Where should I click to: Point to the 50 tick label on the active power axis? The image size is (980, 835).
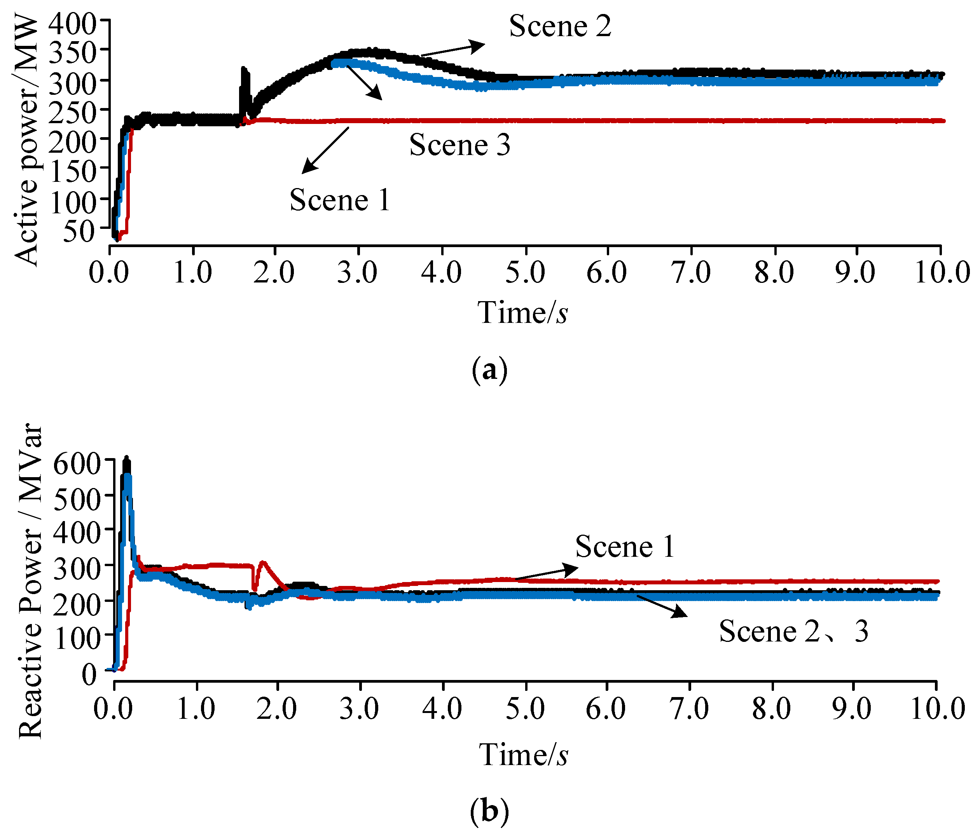[79, 232]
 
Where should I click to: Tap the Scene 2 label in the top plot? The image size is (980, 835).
[560, 26]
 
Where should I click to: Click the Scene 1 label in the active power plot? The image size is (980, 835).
[340, 200]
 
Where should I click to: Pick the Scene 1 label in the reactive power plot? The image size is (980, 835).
[625, 547]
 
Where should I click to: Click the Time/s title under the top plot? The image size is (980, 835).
[522, 312]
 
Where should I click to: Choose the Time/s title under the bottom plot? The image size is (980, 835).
[523, 754]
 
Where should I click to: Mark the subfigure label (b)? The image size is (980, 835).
[489, 811]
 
